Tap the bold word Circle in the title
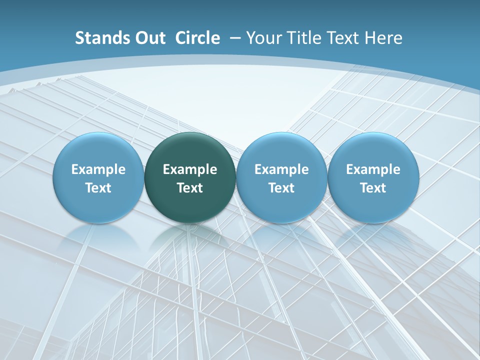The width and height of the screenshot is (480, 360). pyautogui.click(x=197, y=38)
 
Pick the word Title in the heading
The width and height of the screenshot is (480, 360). pyautogui.click(x=305, y=38)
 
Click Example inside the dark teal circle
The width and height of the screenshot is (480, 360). pyautogui.click(x=190, y=170)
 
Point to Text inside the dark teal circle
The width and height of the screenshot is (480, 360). pyautogui.click(x=190, y=188)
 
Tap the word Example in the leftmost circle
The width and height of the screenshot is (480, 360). pyautogui.click(x=98, y=170)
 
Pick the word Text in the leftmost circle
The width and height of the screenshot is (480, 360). pyautogui.click(x=98, y=188)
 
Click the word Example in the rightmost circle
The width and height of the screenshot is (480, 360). pyautogui.click(x=373, y=170)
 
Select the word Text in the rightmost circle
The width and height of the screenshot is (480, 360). pyautogui.click(x=373, y=188)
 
